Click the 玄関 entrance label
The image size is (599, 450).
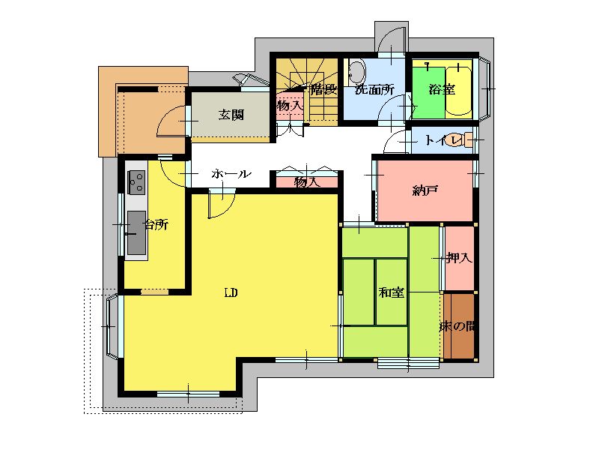pyautogui.click(x=231, y=114)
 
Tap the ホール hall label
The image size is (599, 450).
pyautogui.click(x=231, y=174)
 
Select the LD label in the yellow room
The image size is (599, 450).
pyautogui.click(x=231, y=293)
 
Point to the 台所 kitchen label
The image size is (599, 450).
pyautogui.click(x=156, y=224)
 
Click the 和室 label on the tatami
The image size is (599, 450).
pyautogui.click(x=391, y=292)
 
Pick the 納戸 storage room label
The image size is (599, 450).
pyautogui.click(x=425, y=190)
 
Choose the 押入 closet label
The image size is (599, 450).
pyautogui.click(x=460, y=258)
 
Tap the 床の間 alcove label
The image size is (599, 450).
pyautogui.click(x=457, y=326)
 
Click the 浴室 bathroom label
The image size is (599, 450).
pyautogui.click(x=442, y=89)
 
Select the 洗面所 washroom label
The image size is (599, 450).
pyautogui.click(x=374, y=89)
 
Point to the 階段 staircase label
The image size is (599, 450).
pyautogui.click(x=324, y=89)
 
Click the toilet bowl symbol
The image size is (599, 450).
pyautogui.click(x=457, y=139)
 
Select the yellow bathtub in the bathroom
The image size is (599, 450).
pyautogui.click(x=458, y=91)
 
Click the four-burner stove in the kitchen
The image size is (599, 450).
pyautogui.click(x=136, y=182)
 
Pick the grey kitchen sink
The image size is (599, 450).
pyautogui.click(x=136, y=232)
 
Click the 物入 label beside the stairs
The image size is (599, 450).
pyautogui.click(x=290, y=105)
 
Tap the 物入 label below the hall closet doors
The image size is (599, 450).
pyautogui.click(x=307, y=182)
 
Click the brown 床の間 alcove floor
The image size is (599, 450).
pyautogui.click(x=459, y=326)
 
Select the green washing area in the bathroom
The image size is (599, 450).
pyautogui.click(x=428, y=92)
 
